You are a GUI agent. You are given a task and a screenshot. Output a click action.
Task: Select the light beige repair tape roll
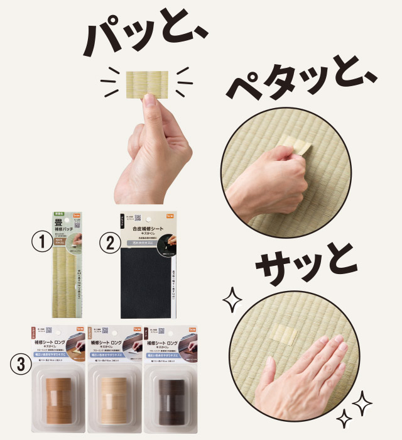coord(114,399)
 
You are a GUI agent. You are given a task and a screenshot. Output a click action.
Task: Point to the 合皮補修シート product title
coord(149,232)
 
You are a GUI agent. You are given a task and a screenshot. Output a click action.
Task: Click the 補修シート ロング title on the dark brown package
coord(162,344)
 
